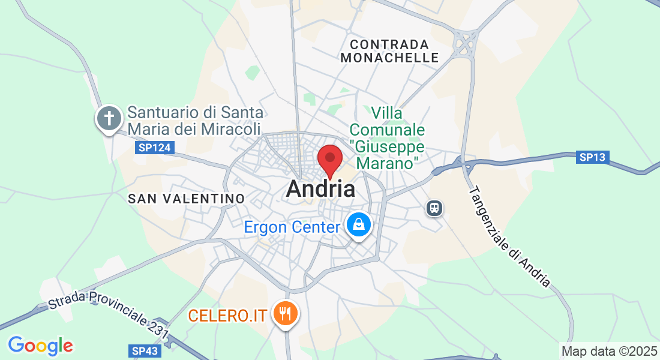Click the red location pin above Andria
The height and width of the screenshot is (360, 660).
click(329, 159)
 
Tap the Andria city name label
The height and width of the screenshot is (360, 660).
click(320, 189)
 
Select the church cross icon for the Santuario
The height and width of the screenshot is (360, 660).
click(109, 118)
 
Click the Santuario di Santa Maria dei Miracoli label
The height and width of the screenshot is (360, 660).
click(195, 121)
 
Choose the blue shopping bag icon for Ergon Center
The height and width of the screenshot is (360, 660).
click(359, 226)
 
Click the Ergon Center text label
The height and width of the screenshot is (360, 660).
click(292, 227)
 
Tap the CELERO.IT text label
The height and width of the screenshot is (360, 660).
click(227, 315)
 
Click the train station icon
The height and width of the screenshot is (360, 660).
click(434, 208)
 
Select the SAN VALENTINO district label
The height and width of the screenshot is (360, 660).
click(187, 199)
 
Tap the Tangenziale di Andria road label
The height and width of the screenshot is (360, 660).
click(508, 236)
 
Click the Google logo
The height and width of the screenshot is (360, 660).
click(40, 346)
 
